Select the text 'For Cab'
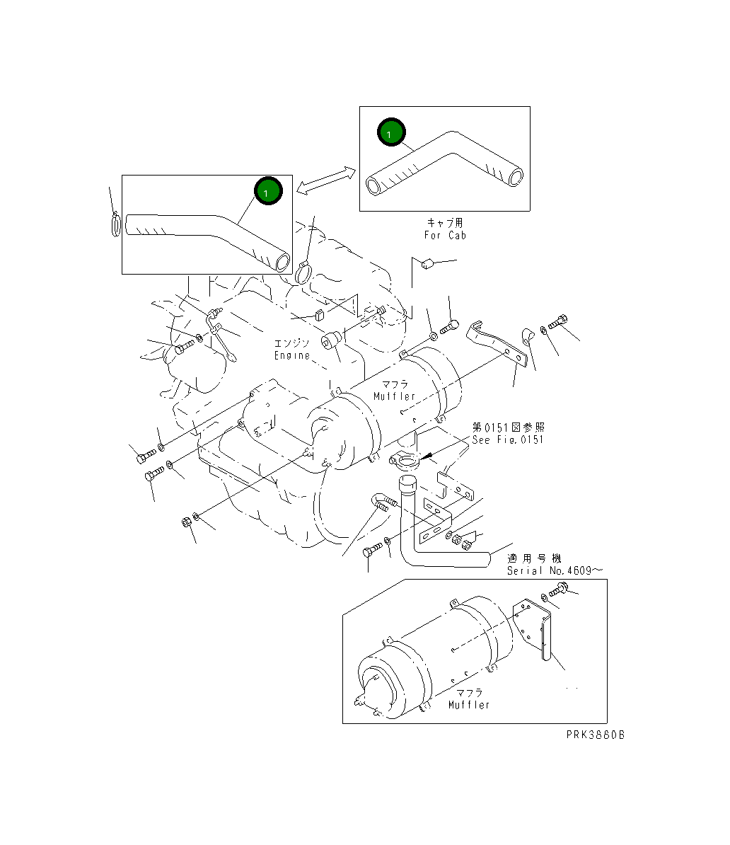[x=445, y=235]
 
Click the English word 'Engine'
[x=292, y=355]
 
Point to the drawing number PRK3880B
[x=595, y=735]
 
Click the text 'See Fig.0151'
[x=508, y=440]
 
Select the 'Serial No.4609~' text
[x=555, y=570]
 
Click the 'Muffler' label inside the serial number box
[x=469, y=705]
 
